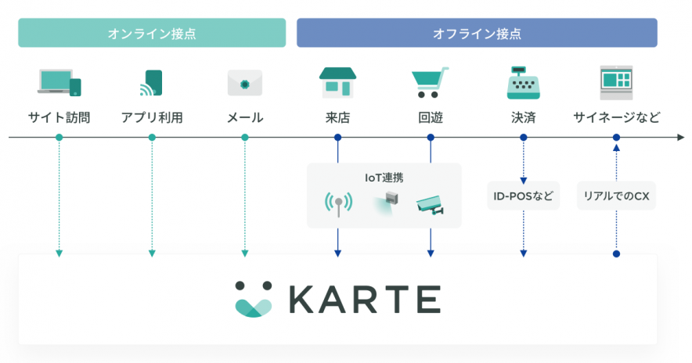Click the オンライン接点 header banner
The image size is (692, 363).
(152, 33)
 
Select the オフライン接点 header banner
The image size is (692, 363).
(477, 33)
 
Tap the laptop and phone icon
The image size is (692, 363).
(59, 82)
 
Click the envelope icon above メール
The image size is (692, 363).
(245, 83)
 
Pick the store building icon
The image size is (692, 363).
(337, 82)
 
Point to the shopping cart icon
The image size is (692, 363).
(430, 82)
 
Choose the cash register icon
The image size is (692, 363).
(524, 82)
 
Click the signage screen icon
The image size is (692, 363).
(616, 82)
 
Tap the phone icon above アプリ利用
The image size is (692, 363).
(151, 83)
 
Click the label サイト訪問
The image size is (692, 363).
(59, 118)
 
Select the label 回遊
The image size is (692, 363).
(431, 118)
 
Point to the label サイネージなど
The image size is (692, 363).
(617, 118)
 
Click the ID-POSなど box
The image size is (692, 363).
(524, 196)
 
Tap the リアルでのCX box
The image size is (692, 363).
(617, 196)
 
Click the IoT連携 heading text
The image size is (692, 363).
(384, 178)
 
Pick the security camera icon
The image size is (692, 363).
(431, 205)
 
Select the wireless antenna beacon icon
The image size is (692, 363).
(338, 204)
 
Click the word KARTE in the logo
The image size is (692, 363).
(365, 300)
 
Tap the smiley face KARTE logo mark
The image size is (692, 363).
(254, 299)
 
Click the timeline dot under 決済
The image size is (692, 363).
(524, 138)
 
